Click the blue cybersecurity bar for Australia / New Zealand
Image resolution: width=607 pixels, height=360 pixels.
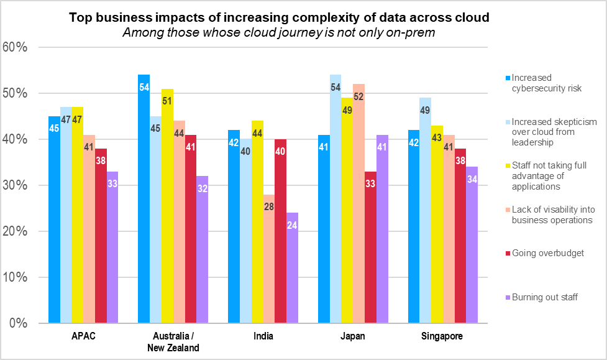pos(144,199)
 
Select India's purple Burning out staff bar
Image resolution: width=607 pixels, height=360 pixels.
pos(292,268)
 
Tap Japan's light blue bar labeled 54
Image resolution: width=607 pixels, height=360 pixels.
pos(335,199)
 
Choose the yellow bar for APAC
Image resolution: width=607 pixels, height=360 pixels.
pos(78,215)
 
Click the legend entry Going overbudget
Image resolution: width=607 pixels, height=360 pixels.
pos(544,253)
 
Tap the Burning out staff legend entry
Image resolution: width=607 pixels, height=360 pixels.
pos(544,297)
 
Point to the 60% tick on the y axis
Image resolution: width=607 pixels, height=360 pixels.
pos(15,47)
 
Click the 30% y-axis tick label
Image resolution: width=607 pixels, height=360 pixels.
pos(15,185)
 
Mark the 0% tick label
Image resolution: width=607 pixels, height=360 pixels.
pos(18,323)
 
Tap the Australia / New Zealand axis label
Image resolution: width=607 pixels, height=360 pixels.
pos(173,342)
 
